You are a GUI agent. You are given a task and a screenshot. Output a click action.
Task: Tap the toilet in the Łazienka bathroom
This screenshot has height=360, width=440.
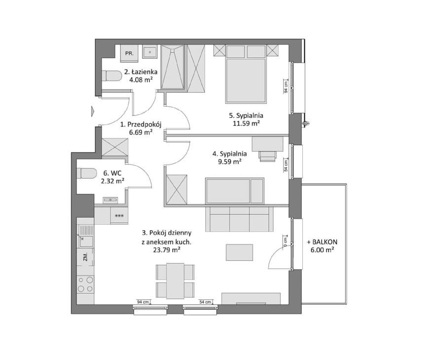point(111,76)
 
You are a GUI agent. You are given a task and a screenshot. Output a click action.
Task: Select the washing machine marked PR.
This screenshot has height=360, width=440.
point(129,53)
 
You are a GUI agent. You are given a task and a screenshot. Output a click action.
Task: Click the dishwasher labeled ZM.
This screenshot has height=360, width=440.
point(86,257)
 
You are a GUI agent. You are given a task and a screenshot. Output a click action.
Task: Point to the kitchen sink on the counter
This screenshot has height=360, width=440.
point(86,237)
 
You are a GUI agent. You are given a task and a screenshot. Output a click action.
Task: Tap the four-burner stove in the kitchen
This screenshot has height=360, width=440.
point(86,284)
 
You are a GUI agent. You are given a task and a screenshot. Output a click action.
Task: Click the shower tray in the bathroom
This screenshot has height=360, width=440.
point(172,67)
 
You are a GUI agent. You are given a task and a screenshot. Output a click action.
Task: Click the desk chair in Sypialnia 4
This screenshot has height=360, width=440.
point(267,156)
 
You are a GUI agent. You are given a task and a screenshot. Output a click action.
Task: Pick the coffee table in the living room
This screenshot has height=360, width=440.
point(239,252)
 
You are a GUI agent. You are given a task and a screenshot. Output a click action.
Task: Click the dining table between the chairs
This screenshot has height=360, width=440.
point(175,281)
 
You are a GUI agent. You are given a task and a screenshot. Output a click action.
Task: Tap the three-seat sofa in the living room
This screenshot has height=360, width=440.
point(239,219)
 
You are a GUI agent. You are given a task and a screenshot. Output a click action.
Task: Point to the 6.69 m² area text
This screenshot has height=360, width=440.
point(141,132)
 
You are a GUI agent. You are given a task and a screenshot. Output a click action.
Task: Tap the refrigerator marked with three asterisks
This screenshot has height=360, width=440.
point(119,216)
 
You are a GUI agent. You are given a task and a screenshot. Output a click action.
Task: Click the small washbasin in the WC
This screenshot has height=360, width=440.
point(110,200)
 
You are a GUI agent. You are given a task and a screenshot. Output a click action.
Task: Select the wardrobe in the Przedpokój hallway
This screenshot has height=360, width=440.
point(114,147)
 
